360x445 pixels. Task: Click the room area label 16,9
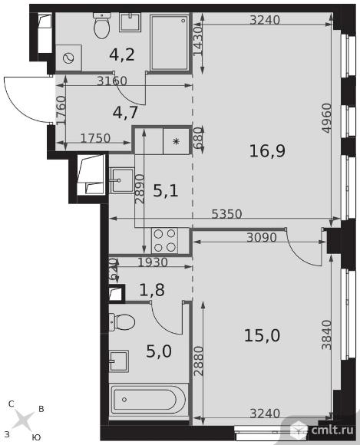point(267,151)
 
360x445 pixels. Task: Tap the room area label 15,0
point(262,335)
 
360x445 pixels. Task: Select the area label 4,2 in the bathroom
point(122,54)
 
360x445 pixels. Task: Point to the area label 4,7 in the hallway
point(125,112)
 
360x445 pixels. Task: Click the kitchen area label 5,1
point(166,191)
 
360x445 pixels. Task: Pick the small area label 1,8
point(152,290)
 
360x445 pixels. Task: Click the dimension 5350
point(227,214)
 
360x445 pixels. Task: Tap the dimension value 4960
point(327,118)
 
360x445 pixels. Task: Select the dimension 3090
point(262,237)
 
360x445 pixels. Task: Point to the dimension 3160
point(112,81)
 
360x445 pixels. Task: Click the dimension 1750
point(95,138)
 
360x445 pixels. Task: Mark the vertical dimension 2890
point(140,189)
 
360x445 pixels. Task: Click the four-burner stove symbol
point(165,241)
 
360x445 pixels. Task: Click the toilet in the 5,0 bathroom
point(122,321)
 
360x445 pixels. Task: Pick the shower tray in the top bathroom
point(169,42)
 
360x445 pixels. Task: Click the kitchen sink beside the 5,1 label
point(122,180)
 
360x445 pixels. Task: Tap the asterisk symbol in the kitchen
point(177,141)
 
